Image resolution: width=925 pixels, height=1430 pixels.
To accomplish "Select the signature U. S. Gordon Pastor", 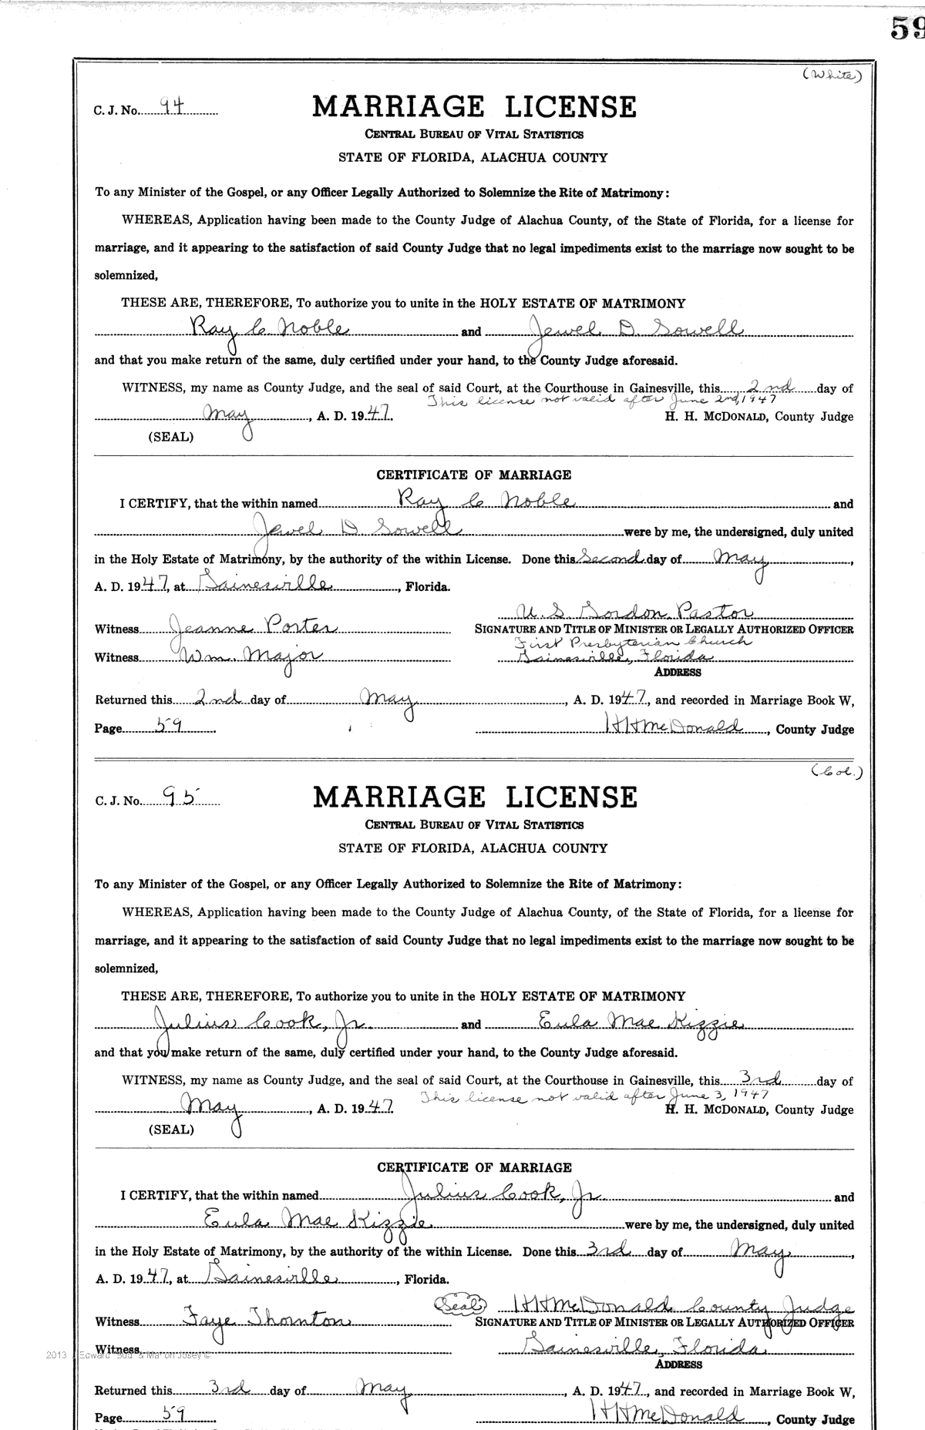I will click(x=624, y=613).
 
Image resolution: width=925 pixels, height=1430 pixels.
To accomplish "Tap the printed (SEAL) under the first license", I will click(x=170, y=437).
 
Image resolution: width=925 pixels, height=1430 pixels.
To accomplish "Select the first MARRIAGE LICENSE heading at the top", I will click(x=474, y=106).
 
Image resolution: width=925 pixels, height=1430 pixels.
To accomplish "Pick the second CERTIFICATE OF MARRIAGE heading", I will click(x=474, y=1167).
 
